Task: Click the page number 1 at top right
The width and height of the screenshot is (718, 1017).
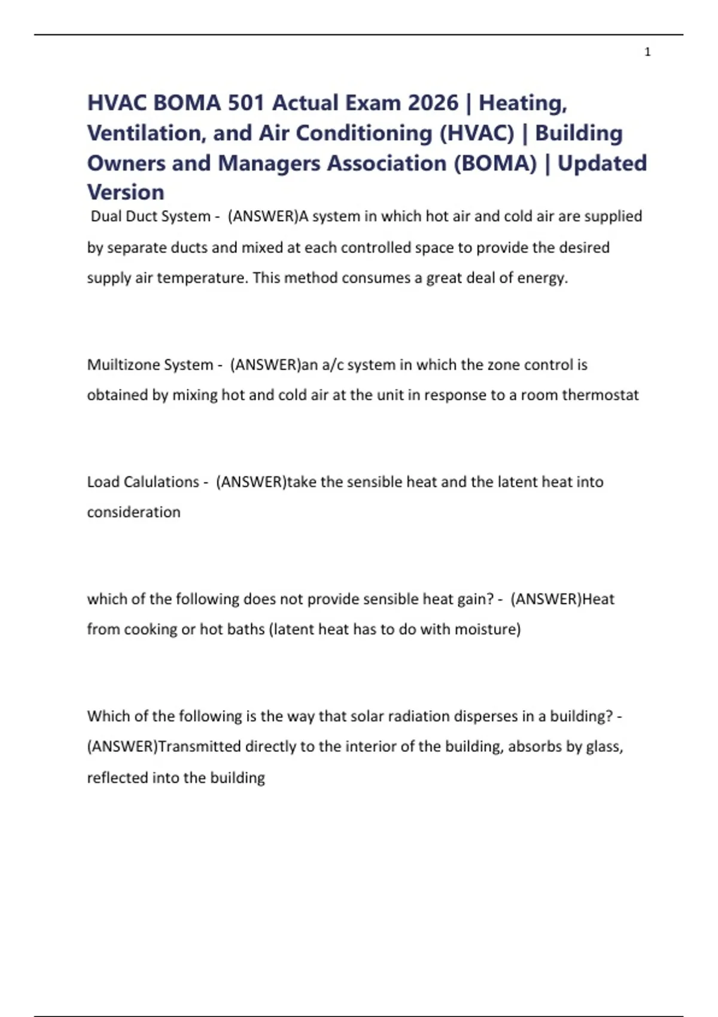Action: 647,52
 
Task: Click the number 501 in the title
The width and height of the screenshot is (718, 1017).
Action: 246,103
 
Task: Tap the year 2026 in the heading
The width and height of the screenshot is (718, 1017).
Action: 433,103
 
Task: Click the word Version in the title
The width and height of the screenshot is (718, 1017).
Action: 126,192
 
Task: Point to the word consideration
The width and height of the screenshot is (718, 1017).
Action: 133,512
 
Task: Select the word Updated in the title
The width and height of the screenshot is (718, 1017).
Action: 602,163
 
